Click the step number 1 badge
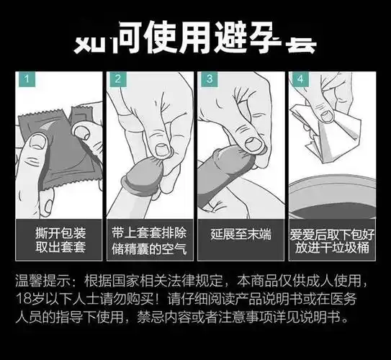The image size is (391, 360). coord(26,78)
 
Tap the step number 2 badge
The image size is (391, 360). coord(117,78)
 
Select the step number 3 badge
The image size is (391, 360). coord(209,78)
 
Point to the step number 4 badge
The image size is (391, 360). coord(300,78)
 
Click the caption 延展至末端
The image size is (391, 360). coord(241,235)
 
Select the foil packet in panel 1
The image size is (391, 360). coord(50,144)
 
